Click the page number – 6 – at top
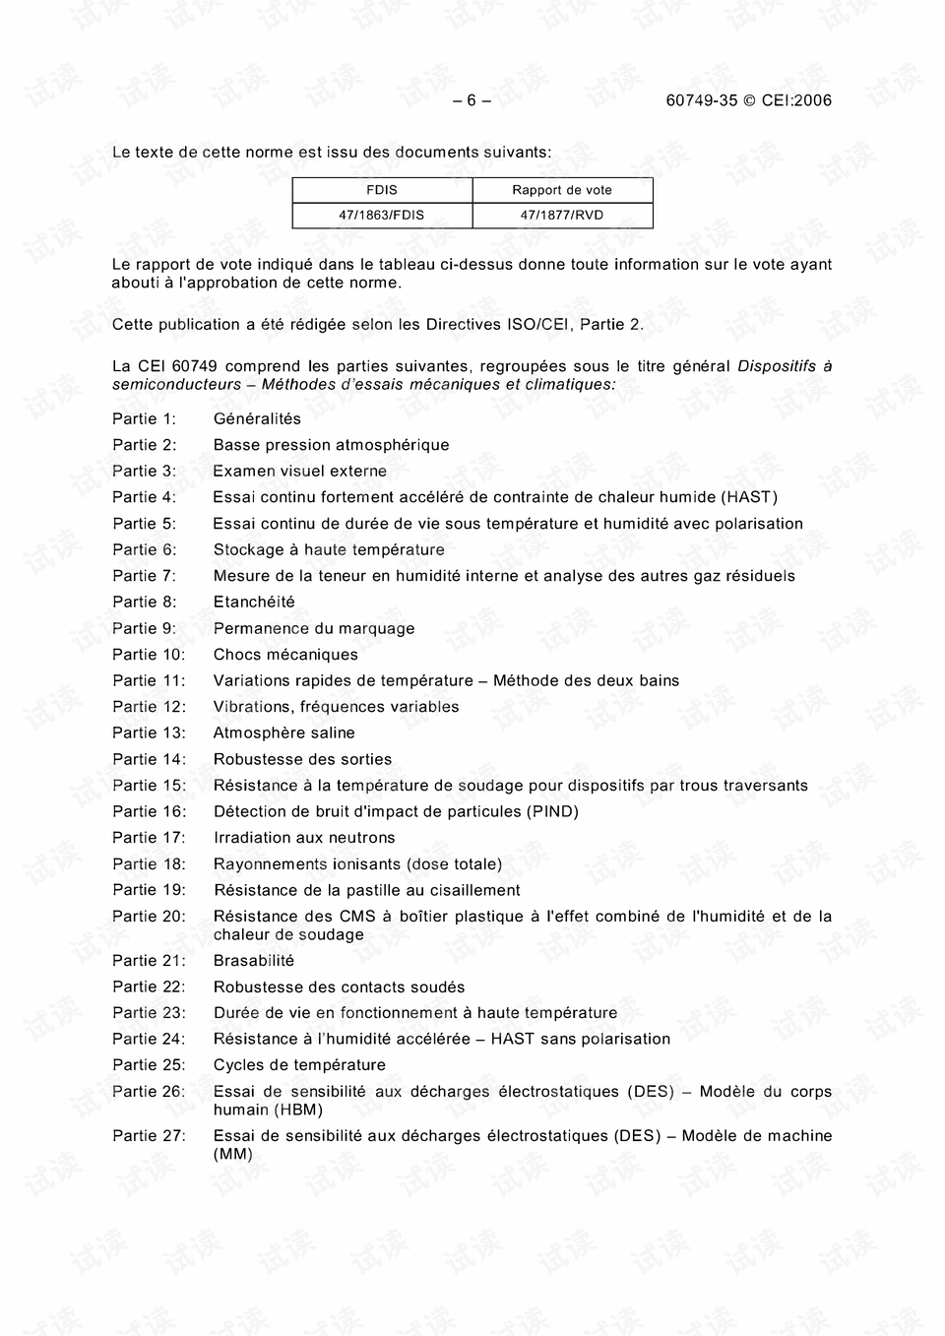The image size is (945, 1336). (472, 100)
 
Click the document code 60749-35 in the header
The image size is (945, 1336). (702, 100)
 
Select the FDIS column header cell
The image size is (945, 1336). (382, 190)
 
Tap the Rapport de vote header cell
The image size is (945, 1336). (562, 190)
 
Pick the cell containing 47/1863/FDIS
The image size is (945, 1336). (382, 215)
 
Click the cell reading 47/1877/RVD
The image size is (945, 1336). (562, 215)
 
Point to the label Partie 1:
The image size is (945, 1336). (145, 418)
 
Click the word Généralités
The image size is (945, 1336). (258, 418)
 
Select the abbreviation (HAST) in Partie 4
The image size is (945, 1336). (750, 497)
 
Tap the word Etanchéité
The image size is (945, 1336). (254, 602)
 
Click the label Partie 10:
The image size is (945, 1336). (149, 654)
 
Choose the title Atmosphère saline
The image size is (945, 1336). (284, 732)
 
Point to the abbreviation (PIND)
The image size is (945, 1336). (553, 811)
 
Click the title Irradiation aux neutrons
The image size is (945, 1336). (304, 838)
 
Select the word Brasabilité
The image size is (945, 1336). (254, 960)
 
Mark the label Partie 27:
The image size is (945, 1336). (149, 1135)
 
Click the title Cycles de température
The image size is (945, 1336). (299, 1064)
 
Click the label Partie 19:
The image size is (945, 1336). (149, 890)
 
